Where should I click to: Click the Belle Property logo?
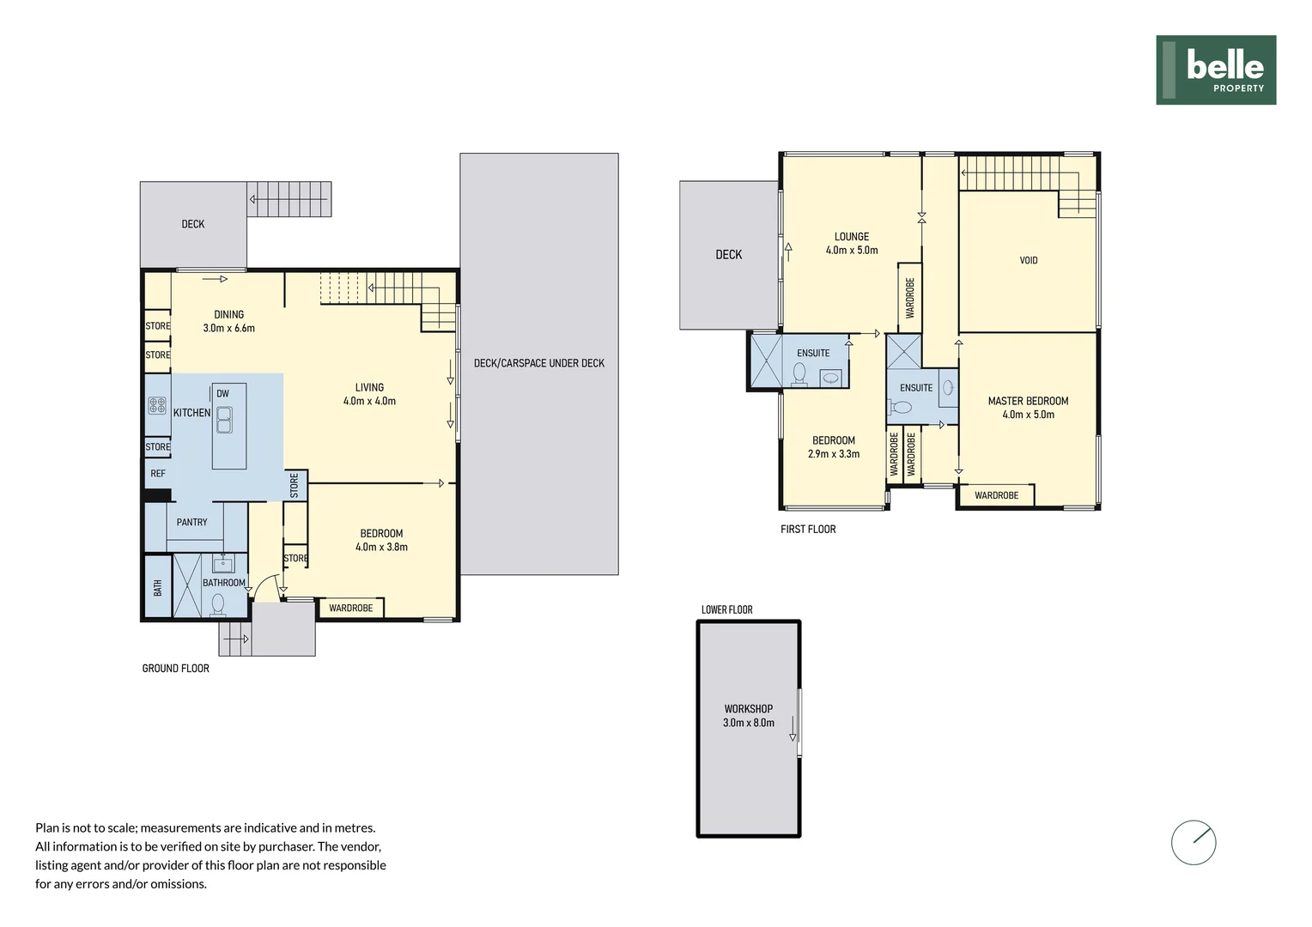tap(1215, 70)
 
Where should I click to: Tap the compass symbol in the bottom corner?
tap(1194, 842)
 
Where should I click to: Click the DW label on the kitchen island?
tap(222, 394)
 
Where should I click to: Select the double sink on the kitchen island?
tap(224, 420)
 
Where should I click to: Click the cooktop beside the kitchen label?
tap(157, 405)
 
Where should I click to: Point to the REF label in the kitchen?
tap(158, 474)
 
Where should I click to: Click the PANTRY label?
tap(191, 522)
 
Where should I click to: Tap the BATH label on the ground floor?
tap(158, 588)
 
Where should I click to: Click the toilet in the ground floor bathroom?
tap(218, 605)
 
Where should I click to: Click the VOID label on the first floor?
tap(1028, 260)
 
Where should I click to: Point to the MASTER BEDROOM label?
tap(1028, 401)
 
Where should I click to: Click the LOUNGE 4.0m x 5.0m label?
tap(851, 243)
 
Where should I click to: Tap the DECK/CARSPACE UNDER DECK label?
tap(538, 363)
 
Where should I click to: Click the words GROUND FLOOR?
tap(175, 668)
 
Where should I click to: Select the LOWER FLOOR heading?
tap(726, 609)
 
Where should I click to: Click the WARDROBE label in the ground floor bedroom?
tap(350, 608)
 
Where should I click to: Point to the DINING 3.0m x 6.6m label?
tap(228, 321)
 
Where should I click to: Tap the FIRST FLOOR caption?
tap(807, 529)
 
